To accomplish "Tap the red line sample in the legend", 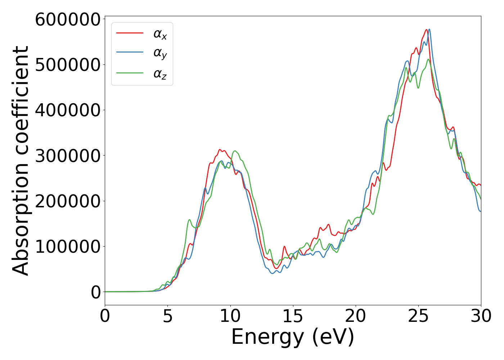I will coord(130,33).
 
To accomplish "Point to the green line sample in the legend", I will coord(130,73).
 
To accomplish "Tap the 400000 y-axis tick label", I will coord(67,110).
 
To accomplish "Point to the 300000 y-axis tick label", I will coord(67,156).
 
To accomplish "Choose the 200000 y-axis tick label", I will coord(67,201).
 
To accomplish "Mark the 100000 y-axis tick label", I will coord(67,247).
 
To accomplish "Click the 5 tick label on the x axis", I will coord(167,316).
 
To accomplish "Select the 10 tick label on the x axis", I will coord(230,316).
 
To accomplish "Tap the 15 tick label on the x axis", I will coord(293,316).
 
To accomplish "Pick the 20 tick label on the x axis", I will coord(356,316).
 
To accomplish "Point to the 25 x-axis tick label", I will coord(418,316).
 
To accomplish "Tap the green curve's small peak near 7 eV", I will coord(189,220).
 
